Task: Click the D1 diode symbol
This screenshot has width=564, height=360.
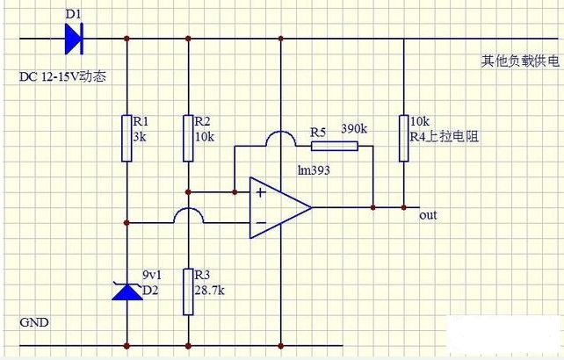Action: click(74, 39)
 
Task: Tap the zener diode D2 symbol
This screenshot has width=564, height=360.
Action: click(127, 291)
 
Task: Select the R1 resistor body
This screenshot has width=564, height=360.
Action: click(127, 138)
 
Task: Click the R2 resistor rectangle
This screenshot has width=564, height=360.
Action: click(188, 138)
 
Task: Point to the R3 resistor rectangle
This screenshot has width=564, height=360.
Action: click(188, 292)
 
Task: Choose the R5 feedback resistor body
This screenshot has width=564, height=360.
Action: click(335, 146)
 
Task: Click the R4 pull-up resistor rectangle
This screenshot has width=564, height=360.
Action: click(403, 138)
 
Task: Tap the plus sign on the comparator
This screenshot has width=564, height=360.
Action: click(260, 193)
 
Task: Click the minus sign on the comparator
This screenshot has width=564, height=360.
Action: click(261, 223)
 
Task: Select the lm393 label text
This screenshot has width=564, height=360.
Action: click(314, 170)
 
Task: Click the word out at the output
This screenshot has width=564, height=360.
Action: click(428, 215)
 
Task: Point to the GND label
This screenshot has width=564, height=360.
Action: click(34, 322)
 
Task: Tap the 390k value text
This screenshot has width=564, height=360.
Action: click(354, 128)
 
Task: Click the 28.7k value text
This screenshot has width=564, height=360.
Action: click(209, 291)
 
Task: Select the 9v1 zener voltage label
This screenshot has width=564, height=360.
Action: click(152, 275)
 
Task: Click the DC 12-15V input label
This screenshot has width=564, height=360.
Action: click(62, 76)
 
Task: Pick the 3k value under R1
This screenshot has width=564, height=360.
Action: click(140, 137)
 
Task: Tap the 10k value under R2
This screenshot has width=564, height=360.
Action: click(205, 137)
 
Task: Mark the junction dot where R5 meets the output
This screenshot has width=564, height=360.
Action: click(373, 207)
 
